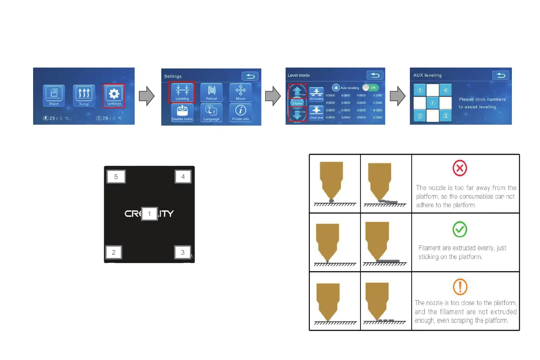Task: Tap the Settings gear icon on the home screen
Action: tap(114, 96)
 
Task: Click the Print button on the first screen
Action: tap(54, 96)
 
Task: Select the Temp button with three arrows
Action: tap(84, 96)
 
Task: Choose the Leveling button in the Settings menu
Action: tap(182, 92)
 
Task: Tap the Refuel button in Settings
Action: tap(211, 92)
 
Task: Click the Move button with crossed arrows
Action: tap(240, 92)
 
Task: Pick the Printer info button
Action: tap(240, 112)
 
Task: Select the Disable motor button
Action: tap(182, 112)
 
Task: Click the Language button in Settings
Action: tap(211, 112)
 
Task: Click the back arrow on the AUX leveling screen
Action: tap(500, 75)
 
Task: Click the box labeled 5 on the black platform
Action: tap(116, 176)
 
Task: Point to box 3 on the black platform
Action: tap(183, 253)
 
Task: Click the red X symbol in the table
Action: tap(460, 169)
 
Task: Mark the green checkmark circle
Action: tap(460, 229)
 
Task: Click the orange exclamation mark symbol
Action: tap(460, 287)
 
